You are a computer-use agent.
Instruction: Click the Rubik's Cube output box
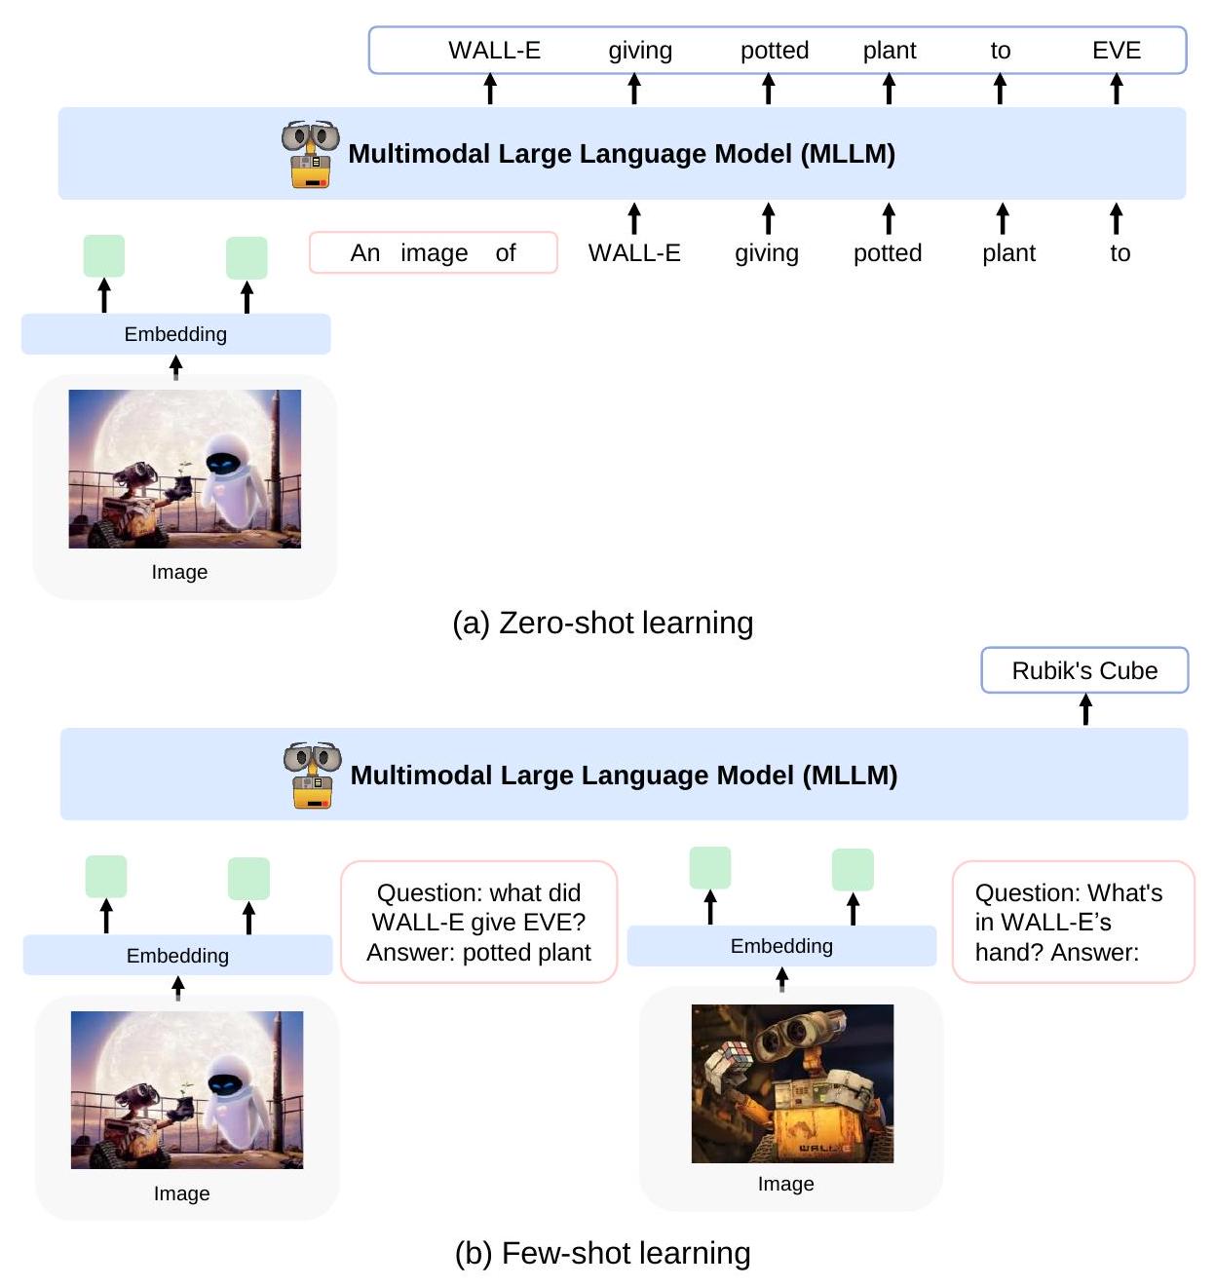[1084, 670]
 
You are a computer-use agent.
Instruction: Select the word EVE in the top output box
[1116, 51]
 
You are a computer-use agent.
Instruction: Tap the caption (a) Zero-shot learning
[602, 623]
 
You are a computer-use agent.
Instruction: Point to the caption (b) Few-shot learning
[602, 1253]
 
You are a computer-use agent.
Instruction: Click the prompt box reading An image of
[433, 253]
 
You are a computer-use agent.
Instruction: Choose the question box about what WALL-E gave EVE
[478, 922]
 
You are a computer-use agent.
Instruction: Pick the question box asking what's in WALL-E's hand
[1072, 922]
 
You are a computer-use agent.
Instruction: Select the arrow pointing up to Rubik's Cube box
[1085, 709]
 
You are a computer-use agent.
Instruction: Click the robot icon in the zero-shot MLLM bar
[310, 154]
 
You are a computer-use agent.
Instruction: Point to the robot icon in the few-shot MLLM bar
[312, 775]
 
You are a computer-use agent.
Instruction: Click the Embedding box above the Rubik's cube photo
[781, 946]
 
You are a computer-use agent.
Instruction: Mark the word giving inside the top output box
[640, 51]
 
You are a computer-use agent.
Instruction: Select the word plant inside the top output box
[889, 51]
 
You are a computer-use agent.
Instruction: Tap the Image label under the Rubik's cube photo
[785, 1184]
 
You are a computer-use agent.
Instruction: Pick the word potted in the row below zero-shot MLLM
[887, 253]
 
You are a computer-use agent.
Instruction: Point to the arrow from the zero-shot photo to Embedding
[175, 367]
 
